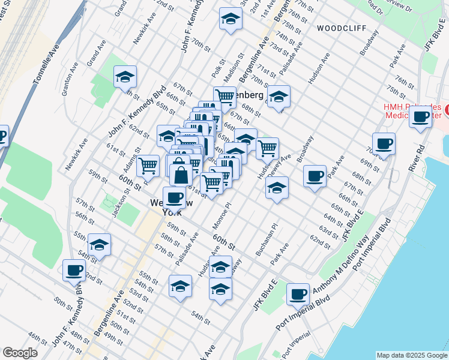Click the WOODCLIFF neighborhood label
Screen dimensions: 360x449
click(x=338, y=28)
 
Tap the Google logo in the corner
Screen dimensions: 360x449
click(x=20, y=353)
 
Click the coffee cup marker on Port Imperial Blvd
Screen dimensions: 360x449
click(x=298, y=294)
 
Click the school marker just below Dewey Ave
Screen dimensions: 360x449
click(x=277, y=188)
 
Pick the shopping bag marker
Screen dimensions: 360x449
click(x=181, y=175)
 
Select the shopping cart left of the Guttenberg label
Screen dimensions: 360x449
click(x=224, y=96)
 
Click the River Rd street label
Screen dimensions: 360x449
click(x=413, y=158)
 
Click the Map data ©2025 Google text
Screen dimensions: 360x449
click(x=412, y=355)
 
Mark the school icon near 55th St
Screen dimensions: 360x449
click(x=100, y=245)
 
